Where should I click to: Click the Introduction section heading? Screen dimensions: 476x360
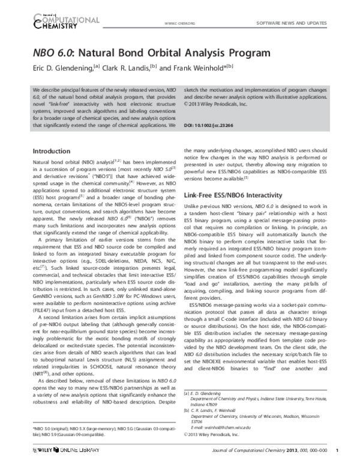click(x=53, y=150)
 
